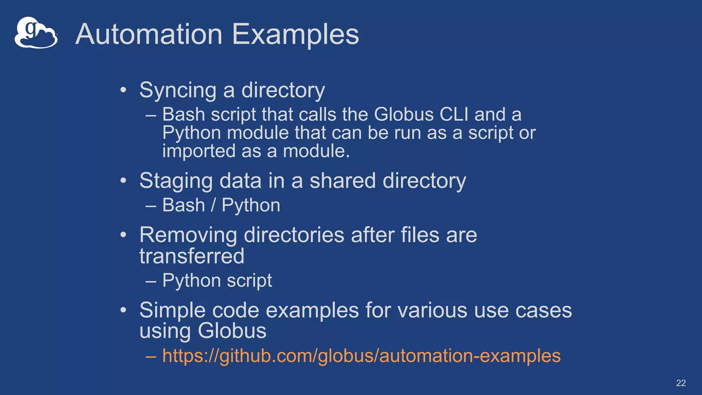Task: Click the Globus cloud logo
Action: click(36, 33)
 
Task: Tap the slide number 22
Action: click(681, 383)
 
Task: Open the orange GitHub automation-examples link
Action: click(361, 356)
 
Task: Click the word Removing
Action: click(188, 235)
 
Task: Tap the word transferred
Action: click(192, 256)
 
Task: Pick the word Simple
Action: click(172, 310)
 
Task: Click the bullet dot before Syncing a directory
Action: click(123, 90)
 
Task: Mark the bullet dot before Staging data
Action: click(123, 180)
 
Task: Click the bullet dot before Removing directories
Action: click(123, 235)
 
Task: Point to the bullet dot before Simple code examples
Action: click(123, 310)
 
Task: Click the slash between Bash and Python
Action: click(213, 205)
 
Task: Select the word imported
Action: click(199, 151)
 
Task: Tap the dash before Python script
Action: click(151, 281)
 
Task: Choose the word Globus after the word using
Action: click(232, 331)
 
